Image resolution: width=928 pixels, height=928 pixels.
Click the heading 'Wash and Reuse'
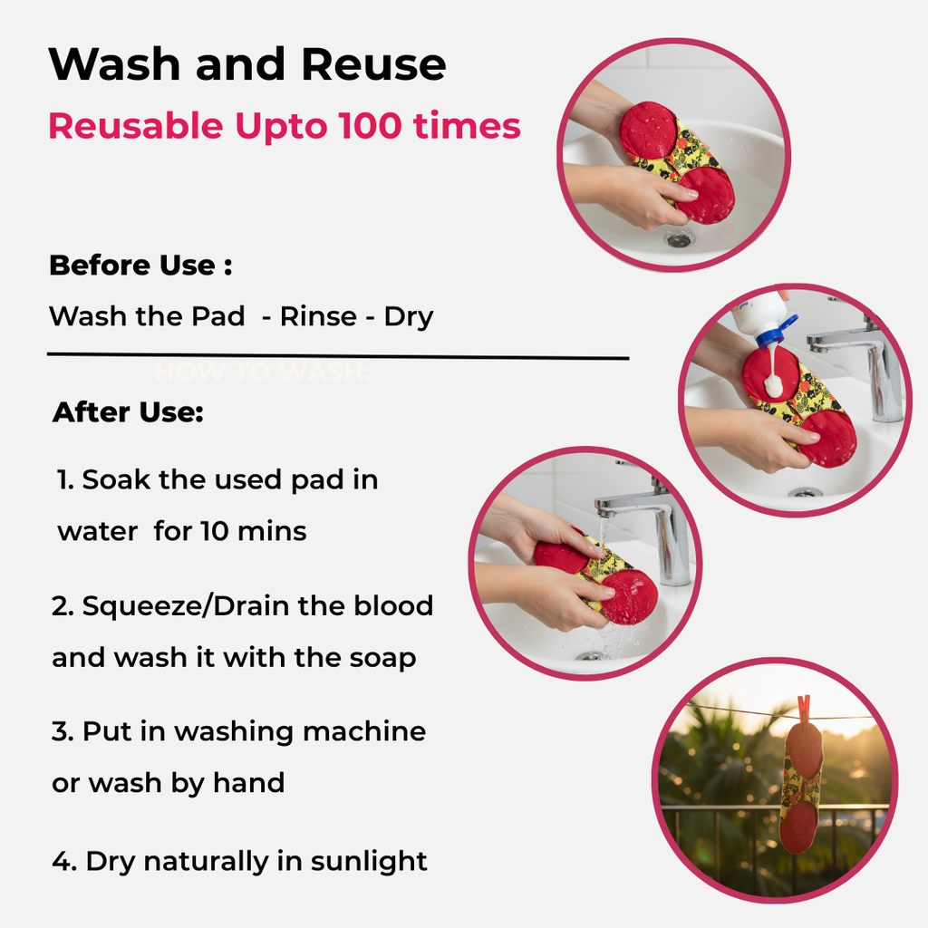[x=247, y=64]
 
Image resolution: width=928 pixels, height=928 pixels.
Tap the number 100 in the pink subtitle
[x=370, y=125]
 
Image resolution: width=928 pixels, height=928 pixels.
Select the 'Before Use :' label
[x=140, y=266]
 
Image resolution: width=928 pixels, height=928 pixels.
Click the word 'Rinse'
[x=318, y=316]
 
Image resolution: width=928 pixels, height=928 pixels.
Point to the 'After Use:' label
[x=128, y=412]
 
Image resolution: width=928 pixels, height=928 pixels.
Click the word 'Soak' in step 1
[x=116, y=479]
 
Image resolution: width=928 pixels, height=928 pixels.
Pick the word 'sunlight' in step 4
[x=368, y=861]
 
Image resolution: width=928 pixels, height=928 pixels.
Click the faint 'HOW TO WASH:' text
[x=263, y=372]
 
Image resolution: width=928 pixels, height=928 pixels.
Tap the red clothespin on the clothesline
[x=804, y=710]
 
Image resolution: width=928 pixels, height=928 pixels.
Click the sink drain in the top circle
[x=678, y=238]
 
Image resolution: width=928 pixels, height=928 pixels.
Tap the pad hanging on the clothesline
[x=803, y=788]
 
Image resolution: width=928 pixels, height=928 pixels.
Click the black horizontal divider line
[x=338, y=356]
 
